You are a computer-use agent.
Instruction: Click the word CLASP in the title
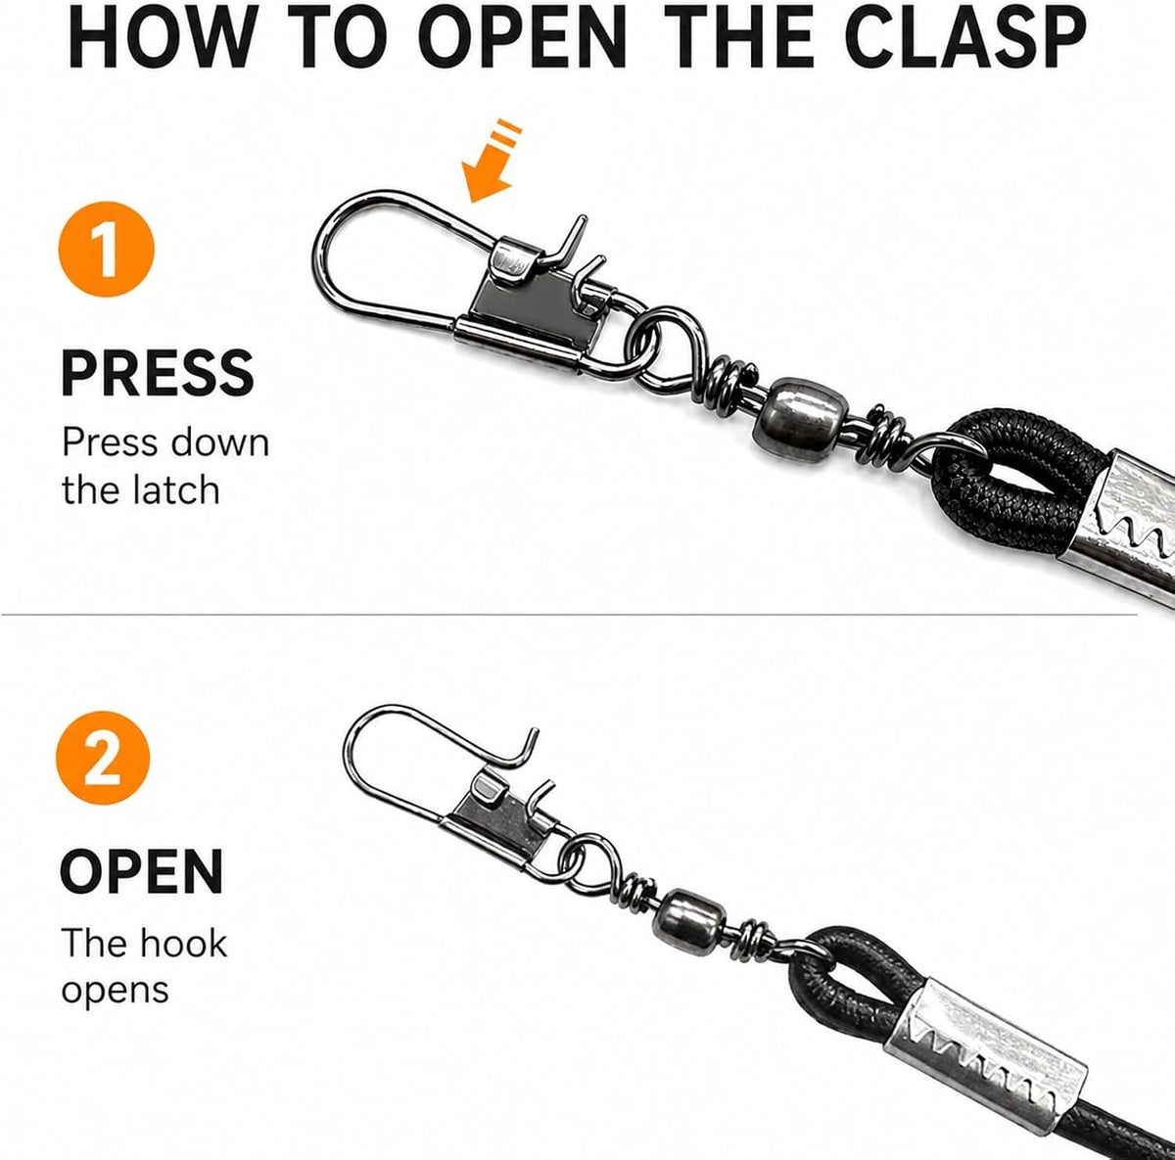pos(965,38)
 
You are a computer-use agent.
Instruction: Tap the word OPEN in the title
pos(524,38)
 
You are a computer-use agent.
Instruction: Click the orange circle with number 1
pos(107,250)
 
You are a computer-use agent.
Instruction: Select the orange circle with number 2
pos(103,758)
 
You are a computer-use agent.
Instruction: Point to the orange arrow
pos(491,162)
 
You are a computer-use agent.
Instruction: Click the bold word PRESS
pos(158,373)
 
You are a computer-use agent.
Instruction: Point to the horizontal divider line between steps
pos(570,615)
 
